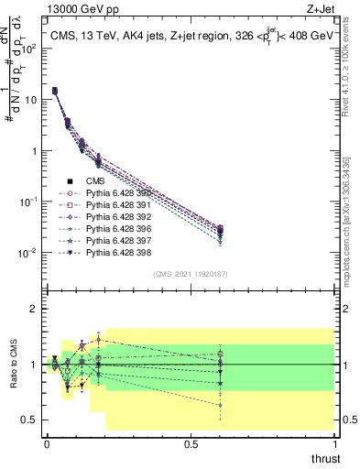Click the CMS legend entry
point(95,181)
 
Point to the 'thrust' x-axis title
point(326,457)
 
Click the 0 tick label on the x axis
point(46,444)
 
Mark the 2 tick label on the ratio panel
point(32,310)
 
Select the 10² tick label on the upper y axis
point(28,49)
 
